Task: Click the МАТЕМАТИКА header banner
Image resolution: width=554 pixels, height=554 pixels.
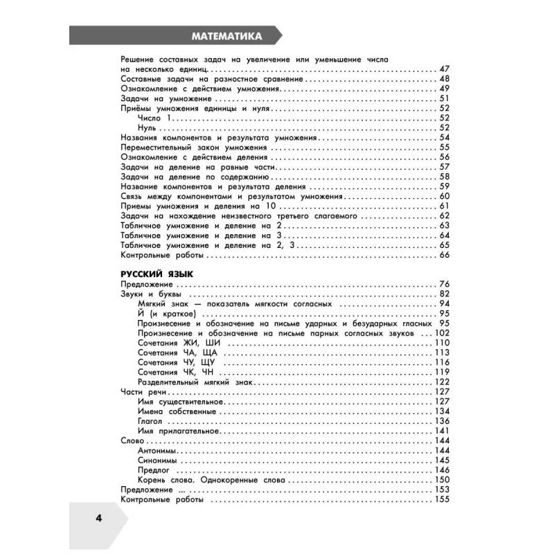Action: pos(226,36)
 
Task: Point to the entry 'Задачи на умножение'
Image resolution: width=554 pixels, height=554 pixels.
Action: pos(156,99)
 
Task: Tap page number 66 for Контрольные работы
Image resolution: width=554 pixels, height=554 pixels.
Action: pos(445,255)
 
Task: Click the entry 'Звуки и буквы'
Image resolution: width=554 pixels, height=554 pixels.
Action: pos(150,294)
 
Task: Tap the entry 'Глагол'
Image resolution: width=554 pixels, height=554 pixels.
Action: pos(150,421)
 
